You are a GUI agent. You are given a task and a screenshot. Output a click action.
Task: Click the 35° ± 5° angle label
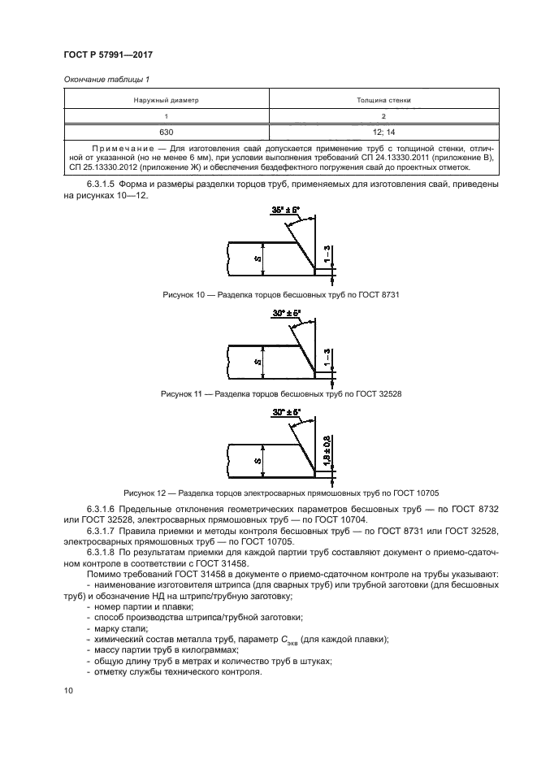[284, 210]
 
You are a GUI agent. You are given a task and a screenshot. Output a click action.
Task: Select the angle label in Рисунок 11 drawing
[285, 312]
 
